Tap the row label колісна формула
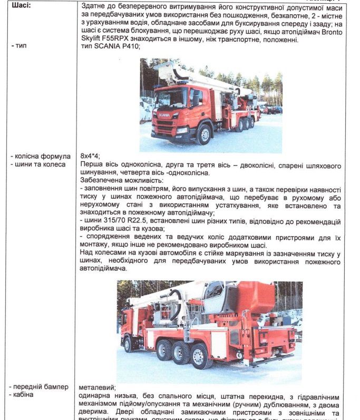tap(40, 157)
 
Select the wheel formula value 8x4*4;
tap(90, 157)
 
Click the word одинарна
tap(95, 395)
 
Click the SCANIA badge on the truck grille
tap(164, 114)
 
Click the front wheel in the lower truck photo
tap(127, 344)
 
